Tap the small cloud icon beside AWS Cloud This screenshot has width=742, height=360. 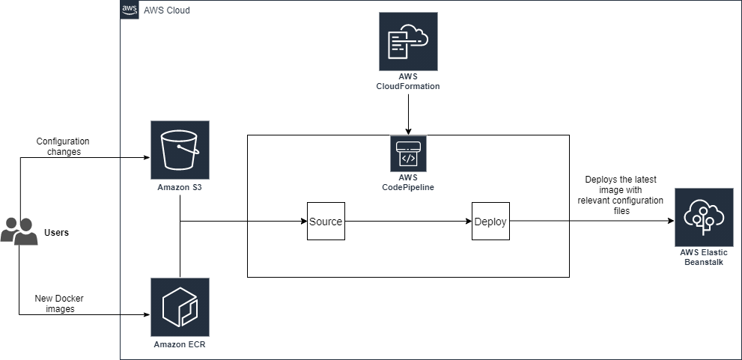[x=130, y=10]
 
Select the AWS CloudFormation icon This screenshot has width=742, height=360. [x=408, y=42]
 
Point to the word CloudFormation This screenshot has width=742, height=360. [x=408, y=88]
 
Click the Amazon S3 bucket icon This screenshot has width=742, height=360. [x=180, y=150]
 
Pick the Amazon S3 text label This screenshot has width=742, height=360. [x=180, y=187]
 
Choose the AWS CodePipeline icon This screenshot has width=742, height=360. [x=408, y=153]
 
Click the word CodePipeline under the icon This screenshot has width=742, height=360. [x=408, y=187]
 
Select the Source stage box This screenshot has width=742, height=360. [x=326, y=222]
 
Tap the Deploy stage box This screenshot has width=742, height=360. [x=490, y=222]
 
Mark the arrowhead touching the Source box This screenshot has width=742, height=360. [x=303, y=222]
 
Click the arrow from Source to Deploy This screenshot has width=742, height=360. [x=404, y=222]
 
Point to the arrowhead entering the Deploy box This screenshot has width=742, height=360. [x=468, y=222]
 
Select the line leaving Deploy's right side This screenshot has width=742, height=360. [x=539, y=222]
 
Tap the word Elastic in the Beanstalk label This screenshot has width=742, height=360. [x=714, y=253]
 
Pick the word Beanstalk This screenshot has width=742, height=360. [x=704, y=263]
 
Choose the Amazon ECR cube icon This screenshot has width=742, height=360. [x=180, y=307]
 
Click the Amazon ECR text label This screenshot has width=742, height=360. [x=180, y=345]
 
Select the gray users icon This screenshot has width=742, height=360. [x=19, y=231]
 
